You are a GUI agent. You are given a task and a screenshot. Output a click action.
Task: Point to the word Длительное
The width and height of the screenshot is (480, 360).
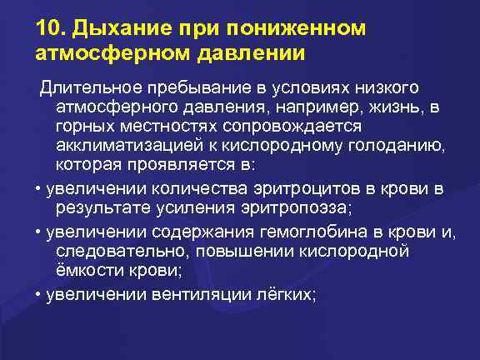click(90, 88)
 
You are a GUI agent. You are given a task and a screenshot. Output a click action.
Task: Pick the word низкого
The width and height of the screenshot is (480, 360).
click(387, 88)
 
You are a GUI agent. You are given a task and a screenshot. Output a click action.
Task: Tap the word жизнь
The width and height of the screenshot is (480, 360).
click(395, 107)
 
